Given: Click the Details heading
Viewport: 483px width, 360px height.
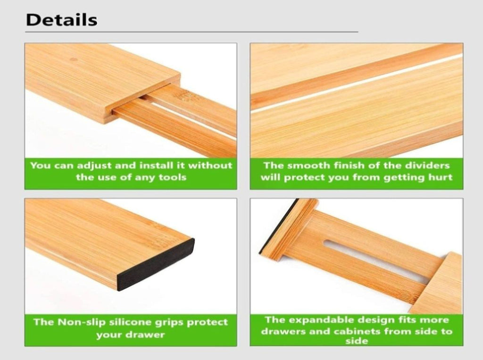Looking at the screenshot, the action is tap(62, 20).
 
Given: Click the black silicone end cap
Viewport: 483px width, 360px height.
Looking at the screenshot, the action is tap(156, 265).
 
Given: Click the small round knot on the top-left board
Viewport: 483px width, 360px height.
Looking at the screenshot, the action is tap(74, 59).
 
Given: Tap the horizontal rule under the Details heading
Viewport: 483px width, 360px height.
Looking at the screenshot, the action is tap(192, 32).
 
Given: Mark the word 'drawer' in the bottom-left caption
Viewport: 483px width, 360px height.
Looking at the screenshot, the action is tap(145, 335).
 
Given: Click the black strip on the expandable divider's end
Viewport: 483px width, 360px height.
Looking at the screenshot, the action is tap(278, 226).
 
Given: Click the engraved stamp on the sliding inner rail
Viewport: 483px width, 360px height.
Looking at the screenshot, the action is tap(185, 98).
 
